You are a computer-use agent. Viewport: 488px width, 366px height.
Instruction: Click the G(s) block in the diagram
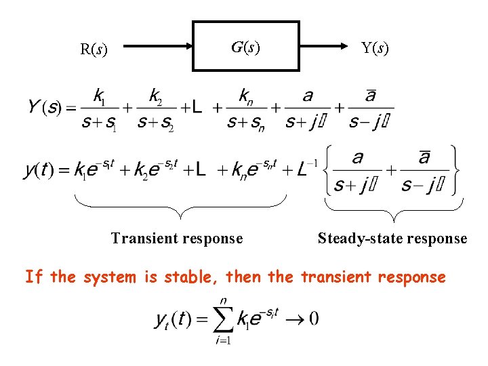(246, 46)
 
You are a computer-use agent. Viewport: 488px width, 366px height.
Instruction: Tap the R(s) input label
(94, 49)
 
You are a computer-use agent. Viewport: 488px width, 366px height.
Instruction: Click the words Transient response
(177, 238)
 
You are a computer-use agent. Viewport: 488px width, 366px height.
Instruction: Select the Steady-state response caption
(392, 238)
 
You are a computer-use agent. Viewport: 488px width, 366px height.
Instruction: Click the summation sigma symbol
(223, 319)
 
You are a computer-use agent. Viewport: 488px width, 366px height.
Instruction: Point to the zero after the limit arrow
(312, 318)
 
